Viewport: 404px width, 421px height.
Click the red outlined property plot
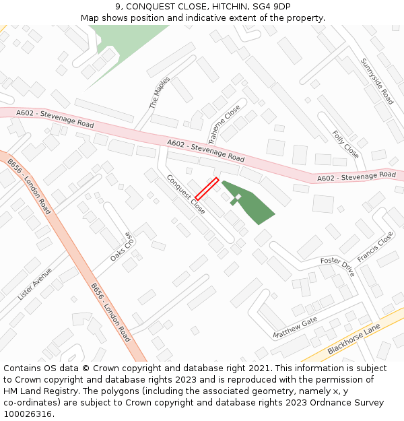[207, 188]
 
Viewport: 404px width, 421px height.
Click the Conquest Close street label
[186, 195]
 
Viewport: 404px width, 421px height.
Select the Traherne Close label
[224, 125]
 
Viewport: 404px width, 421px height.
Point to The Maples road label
[160, 93]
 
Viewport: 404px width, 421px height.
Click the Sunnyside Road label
[376, 81]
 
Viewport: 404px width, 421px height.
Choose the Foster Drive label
[337, 266]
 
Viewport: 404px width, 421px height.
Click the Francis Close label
[375, 248]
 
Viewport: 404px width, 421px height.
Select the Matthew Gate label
[295, 328]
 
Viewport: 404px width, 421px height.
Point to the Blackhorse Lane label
[353, 339]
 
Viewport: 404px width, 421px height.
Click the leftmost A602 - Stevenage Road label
[55, 119]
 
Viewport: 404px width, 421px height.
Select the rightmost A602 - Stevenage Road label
[356, 176]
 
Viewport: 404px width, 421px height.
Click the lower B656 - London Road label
[110, 312]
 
